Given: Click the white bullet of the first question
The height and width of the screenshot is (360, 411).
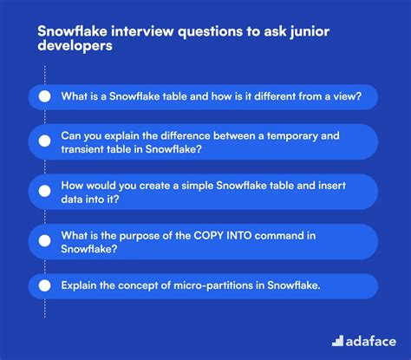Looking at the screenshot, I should (44, 96).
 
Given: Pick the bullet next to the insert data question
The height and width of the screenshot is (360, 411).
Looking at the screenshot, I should (44, 190).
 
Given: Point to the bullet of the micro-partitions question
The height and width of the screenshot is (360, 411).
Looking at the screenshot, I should (44, 286).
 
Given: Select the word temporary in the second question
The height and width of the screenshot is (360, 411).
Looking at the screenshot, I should (291, 136).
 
